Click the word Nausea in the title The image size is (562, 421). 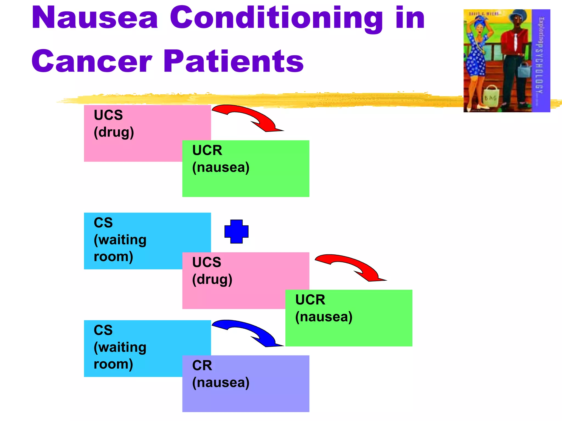(x=95, y=18)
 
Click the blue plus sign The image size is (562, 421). (x=236, y=232)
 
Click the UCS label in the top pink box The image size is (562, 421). (x=108, y=115)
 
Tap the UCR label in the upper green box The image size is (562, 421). (x=207, y=150)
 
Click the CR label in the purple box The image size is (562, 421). (x=202, y=365)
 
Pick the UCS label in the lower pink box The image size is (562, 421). (x=206, y=262)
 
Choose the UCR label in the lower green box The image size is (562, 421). (x=310, y=300)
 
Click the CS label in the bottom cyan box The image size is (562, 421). (x=103, y=330)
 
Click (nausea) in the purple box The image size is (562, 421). (x=221, y=383)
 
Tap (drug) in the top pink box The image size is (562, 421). (x=114, y=132)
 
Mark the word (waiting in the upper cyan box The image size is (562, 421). (x=120, y=240)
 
